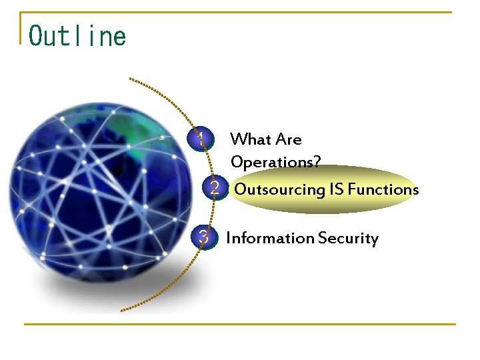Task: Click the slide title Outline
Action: click(x=77, y=35)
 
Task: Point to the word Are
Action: click(x=289, y=139)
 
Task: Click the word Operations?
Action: click(x=275, y=162)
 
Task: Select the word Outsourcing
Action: click(x=279, y=189)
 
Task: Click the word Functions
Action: click(x=383, y=189)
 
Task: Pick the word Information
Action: click(x=270, y=238)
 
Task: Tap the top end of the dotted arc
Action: click(x=131, y=79)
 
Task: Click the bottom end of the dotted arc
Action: click(x=122, y=310)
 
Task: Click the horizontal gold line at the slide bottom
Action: click(x=240, y=325)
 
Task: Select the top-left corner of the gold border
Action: click(x=21, y=13)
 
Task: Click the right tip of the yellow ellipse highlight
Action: click(x=419, y=189)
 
